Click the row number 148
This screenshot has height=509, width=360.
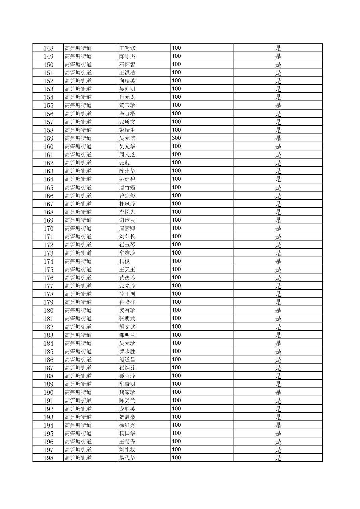pyautogui.click(x=48, y=48)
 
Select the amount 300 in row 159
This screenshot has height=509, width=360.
pyautogui.click(x=176, y=138)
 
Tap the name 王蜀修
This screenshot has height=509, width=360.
pyautogui.click(x=127, y=48)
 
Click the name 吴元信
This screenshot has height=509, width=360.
pyautogui.click(x=127, y=138)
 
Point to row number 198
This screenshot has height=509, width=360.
pyautogui.click(x=48, y=458)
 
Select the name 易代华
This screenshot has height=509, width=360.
pyautogui.click(x=127, y=458)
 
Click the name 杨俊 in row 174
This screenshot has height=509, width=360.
pyautogui.click(x=125, y=261)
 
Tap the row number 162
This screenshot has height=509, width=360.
pyautogui.click(x=48, y=163)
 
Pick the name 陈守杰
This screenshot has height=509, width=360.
pyautogui.click(x=127, y=56)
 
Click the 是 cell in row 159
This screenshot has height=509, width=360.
pyautogui.click(x=278, y=138)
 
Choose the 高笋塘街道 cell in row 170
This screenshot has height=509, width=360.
pyautogui.click(x=78, y=228)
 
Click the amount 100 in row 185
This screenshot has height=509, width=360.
pyautogui.click(x=176, y=351)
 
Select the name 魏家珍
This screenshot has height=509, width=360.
pyautogui.click(x=127, y=392)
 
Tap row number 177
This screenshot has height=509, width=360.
pyautogui.click(x=48, y=286)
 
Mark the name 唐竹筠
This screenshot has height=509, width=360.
pyautogui.click(x=127, y=188)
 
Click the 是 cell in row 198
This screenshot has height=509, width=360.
pyautogui.click(x=278, y=458)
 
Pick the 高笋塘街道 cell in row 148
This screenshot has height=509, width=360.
pyautogui.click(x=78, y=48)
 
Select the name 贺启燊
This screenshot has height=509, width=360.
pyautogui.click(x=127, y=417)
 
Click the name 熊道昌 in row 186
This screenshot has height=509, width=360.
pyautogui.click(x=127, y=360)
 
